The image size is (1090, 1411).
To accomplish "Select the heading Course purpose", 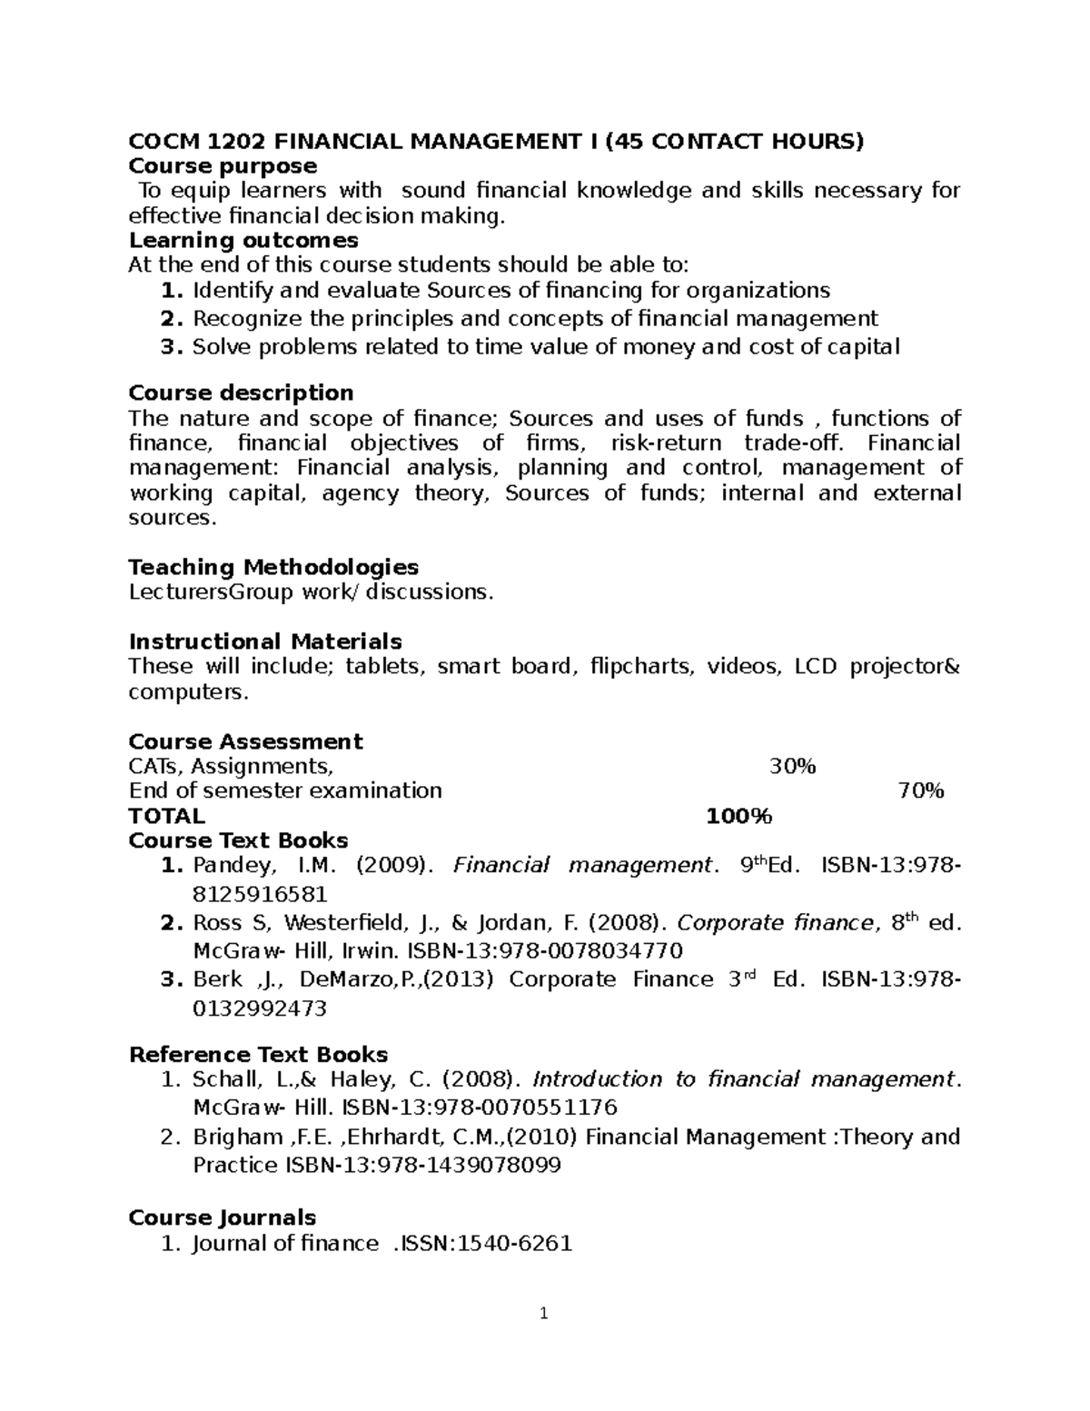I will coord(223,165).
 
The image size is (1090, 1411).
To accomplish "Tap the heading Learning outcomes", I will coord(243,240).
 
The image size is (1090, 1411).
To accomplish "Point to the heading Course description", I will coord(241,392).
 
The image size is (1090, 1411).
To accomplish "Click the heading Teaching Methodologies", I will coord(273,567).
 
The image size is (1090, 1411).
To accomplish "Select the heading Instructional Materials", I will coord(265,641).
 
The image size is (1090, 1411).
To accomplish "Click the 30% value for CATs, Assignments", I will coord(792,766).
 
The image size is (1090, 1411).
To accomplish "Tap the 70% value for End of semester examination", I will coord(920,790).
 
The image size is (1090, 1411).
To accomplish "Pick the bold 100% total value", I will coord(738,816).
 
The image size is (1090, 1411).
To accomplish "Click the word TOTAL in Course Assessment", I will coord(166,816).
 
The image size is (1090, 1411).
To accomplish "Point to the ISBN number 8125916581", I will coord(260,894).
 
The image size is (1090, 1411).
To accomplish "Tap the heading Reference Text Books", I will coord(258,1054).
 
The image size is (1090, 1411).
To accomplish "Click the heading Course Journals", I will coord(222,1217).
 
